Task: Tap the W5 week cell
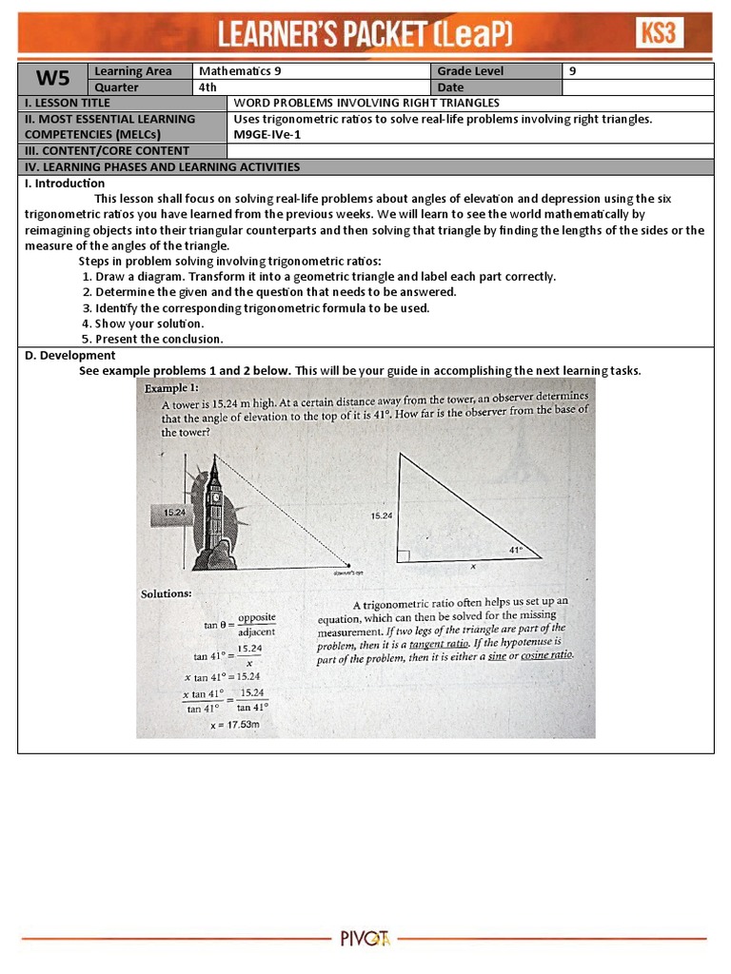(52, 79)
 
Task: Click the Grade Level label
(470, 71)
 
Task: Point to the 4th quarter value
(207, 88)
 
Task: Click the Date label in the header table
(450, 88)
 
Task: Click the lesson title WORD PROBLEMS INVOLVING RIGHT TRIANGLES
(366, 103)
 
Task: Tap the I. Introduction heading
(64, 184)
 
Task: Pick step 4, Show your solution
(143, 323)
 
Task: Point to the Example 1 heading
(171, 389)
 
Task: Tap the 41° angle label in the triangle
(515, 550)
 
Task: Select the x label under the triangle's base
(473, 565)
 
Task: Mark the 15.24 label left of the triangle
(381, 516)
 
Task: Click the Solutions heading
(167, 594)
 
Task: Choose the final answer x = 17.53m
(235, 725)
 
